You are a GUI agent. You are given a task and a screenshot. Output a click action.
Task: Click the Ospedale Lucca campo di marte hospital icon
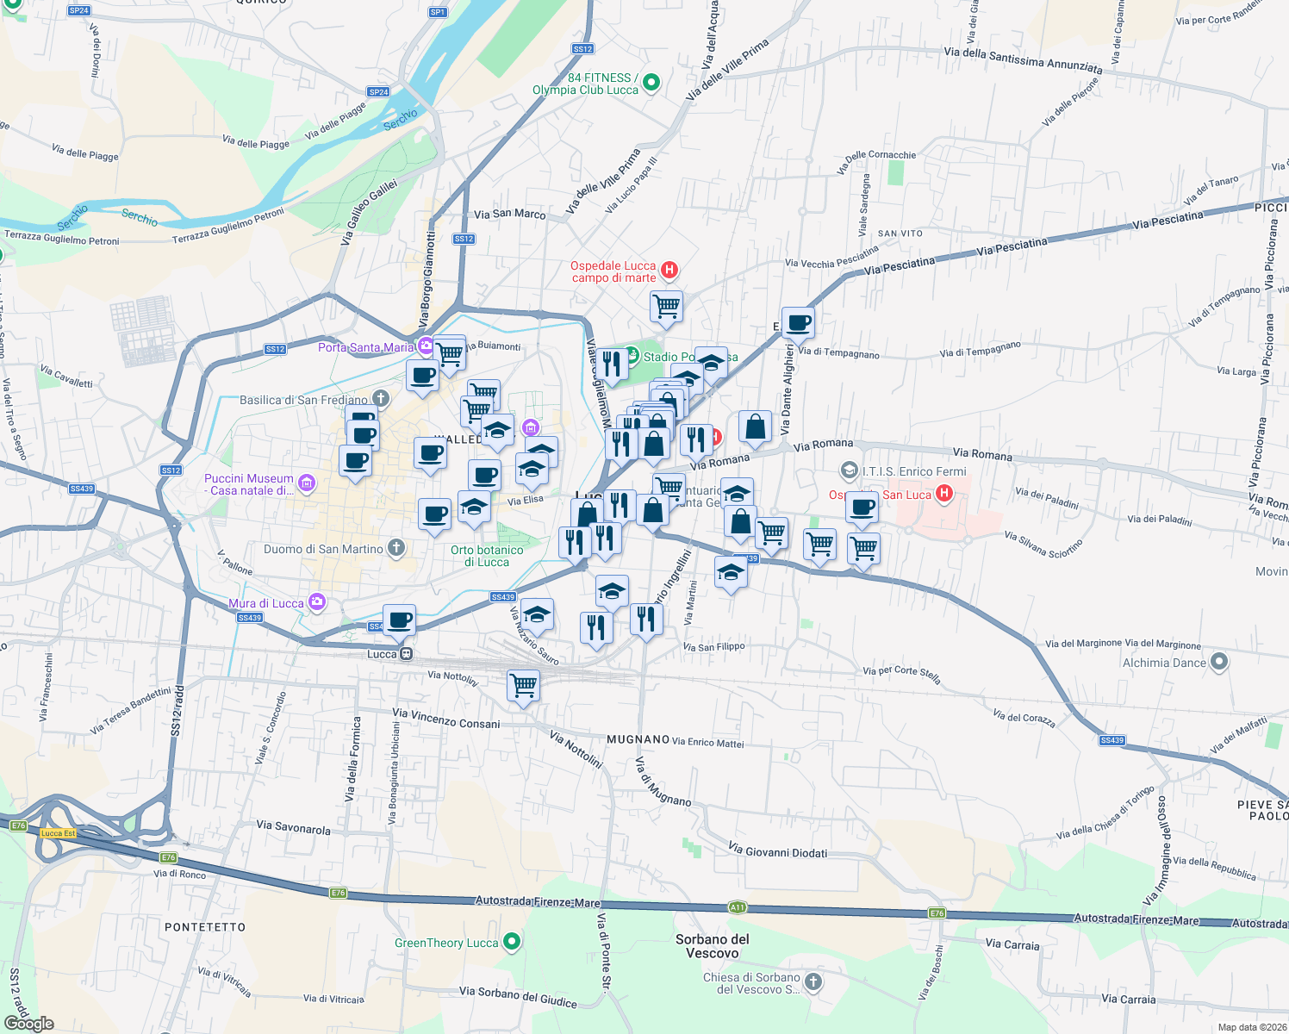click(669, 271)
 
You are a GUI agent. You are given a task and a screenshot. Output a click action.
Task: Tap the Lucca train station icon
click(406, 654)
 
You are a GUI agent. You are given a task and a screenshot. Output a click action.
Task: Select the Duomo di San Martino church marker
click(396, 548)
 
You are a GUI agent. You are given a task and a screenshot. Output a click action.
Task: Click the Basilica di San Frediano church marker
click(381, 398)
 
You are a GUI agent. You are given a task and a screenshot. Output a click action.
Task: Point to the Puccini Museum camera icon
click(307, 483)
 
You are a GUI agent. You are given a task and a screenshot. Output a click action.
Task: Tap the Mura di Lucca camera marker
click(317, 602)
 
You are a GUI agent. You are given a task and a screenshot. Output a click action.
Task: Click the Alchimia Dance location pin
click(1218, 662)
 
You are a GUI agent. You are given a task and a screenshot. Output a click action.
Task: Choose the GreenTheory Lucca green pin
click(512, 942)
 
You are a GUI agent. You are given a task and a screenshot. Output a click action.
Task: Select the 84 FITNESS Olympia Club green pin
click(651, 83)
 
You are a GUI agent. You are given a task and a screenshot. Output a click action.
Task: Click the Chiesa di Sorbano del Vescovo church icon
click(813, 982)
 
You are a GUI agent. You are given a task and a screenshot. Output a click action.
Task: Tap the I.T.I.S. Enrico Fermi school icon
click(850, 470)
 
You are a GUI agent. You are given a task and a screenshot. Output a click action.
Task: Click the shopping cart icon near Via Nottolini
click(524, 687)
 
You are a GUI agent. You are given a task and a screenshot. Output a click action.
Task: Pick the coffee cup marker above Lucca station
click(400, 620)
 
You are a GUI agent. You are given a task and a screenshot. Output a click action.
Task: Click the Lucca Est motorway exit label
click(59, 833)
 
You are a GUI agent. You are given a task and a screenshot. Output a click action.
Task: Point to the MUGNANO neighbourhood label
click(638, 739)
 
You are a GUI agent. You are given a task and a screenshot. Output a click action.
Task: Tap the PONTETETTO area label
click(205, 927)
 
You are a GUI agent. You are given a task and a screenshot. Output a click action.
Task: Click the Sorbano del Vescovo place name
click(713, 946)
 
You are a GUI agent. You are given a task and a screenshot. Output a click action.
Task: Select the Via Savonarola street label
click(293, 828)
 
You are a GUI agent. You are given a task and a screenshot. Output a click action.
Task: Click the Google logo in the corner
click(29, 1023)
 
